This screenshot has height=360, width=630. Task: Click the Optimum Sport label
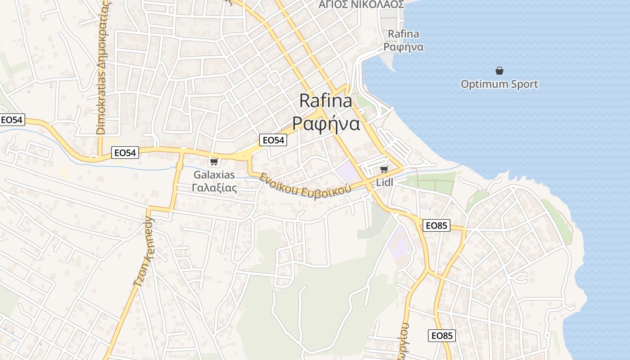[x=499, y=84]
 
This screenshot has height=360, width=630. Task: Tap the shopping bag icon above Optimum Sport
[x=499, y=71]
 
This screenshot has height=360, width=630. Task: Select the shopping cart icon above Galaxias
[x=214, y=162]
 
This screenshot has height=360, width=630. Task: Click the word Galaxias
[x=214, y=175]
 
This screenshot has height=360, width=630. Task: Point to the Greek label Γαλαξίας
[x=214, y=188]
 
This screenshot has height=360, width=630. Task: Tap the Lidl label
[x=385, y=182]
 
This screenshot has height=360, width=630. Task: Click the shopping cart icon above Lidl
[x=384, y=169]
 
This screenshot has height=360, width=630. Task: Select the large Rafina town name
[x=326, y=101]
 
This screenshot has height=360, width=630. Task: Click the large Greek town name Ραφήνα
[x=326, y=123]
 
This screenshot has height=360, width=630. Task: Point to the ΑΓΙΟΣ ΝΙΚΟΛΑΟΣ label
[x=361, y=4]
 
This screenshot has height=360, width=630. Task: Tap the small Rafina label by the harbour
[x=403, y=34]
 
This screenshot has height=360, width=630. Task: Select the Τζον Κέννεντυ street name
[x=144, y=252]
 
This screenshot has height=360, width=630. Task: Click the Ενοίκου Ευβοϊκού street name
[x=305, y=185]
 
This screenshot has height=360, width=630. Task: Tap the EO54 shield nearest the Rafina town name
[x=273, y=140]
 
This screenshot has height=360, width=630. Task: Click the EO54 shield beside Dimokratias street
[x=125, y=153]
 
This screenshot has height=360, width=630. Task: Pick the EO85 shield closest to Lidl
[x=436, y=225]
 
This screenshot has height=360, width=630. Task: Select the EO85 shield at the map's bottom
[x=441, y=335]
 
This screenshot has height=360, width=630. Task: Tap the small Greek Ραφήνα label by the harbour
[x=403, y=47]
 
